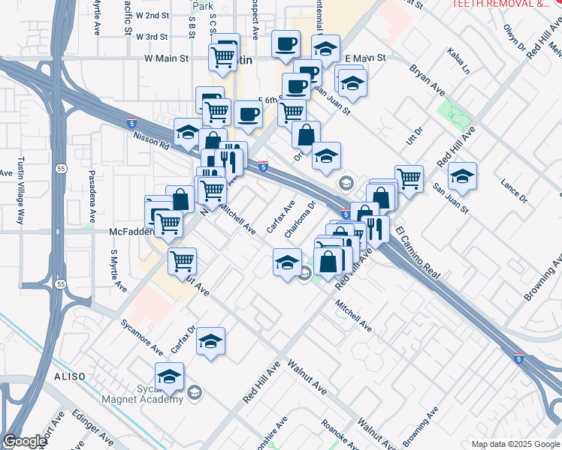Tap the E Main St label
point(365,58)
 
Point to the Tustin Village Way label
point(21,191)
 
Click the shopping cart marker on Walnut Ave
point(183,261)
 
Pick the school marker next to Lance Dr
point(462,176)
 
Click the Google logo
point(25,442)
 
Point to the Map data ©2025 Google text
point(515,444)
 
